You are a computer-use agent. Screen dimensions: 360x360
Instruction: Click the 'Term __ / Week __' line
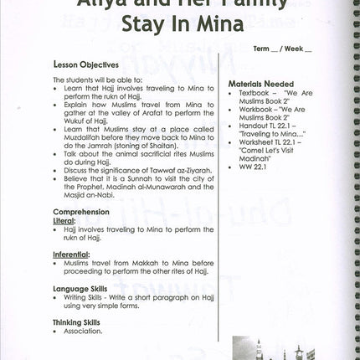[282, 49]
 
